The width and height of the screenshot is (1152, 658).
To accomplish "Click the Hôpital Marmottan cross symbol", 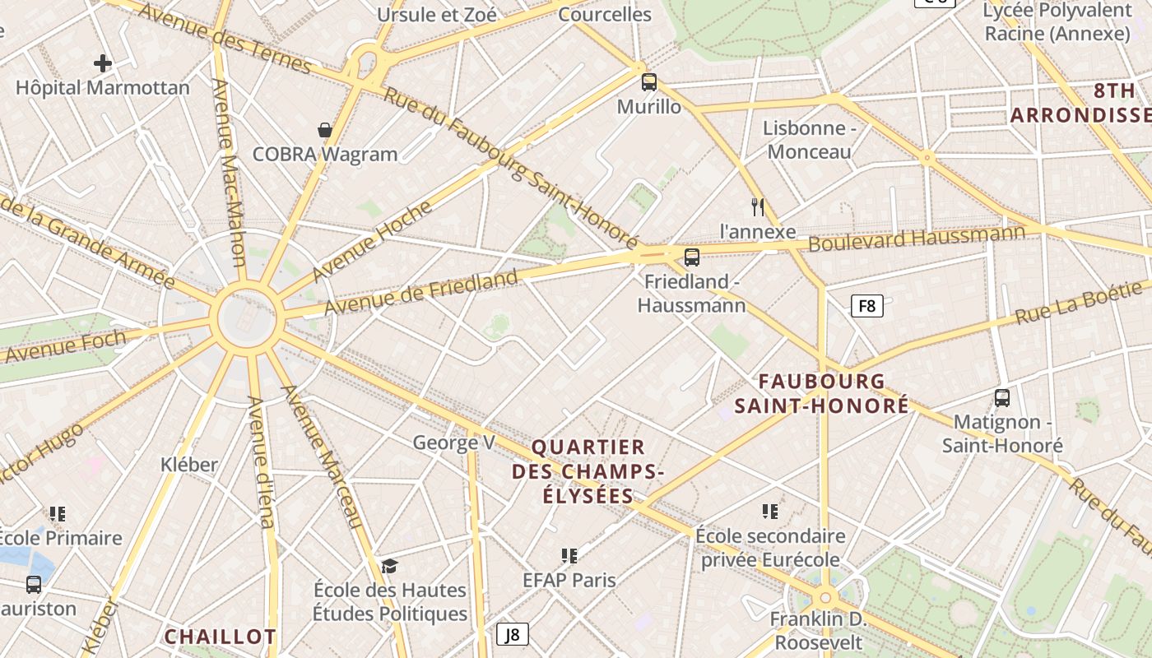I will [103, 63].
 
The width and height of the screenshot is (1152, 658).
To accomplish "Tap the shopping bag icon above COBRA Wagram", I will [325, 130].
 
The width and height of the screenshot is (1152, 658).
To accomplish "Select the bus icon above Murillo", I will [649, 81].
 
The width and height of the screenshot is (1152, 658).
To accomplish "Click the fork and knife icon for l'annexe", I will [758, 207].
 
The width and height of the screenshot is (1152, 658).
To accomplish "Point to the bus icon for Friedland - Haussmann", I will [692, 257].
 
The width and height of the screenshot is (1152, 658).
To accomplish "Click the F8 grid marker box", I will [866, 307].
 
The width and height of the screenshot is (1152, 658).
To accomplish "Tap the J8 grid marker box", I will [512, 634].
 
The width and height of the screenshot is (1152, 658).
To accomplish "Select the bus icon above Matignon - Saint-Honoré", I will [1002, 398].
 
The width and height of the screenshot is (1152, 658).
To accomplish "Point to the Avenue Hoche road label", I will [371, 240].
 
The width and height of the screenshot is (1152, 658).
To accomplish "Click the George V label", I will [453, 443].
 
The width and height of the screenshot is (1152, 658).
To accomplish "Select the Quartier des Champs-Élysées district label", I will [588, 471].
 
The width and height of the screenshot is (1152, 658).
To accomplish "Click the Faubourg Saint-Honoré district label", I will [821, 393].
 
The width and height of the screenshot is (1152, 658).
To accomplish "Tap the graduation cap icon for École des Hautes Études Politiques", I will [389, 566].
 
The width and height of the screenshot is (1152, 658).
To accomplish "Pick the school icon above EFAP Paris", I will [569, 556].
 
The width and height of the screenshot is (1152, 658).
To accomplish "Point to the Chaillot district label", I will [220, 637].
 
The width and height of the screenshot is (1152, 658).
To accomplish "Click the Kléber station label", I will [189, 464].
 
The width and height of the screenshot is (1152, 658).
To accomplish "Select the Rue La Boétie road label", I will [1080, 302].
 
